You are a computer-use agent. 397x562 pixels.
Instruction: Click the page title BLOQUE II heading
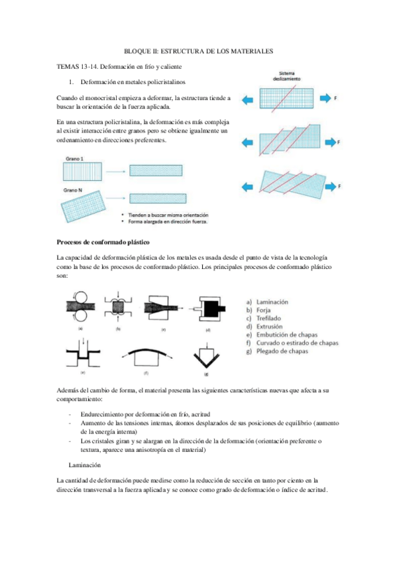(199, 51)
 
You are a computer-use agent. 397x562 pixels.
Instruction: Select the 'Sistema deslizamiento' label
(286, 76)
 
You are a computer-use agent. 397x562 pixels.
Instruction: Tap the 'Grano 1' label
(74, 159)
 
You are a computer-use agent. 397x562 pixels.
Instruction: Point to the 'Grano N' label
(73, 190)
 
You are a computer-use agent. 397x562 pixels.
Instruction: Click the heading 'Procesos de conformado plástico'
(103, 243)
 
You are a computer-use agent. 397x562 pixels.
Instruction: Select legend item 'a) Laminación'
(267, 302)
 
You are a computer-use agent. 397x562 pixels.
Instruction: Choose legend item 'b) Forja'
(258, 310)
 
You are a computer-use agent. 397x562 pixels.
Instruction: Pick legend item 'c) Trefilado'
(264, 318)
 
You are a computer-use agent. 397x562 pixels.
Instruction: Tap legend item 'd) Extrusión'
(264, 327)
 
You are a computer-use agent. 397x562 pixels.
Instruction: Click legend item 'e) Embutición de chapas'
(282, 335)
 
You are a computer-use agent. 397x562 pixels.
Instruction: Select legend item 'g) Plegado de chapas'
(277, 351)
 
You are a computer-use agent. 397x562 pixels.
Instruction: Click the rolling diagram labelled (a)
(81, 306)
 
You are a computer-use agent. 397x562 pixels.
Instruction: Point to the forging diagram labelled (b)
(118, 307)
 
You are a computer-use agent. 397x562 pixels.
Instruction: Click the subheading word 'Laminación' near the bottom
(85, 465)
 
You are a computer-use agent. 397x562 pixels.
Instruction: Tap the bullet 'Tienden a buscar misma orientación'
(168, 215)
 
